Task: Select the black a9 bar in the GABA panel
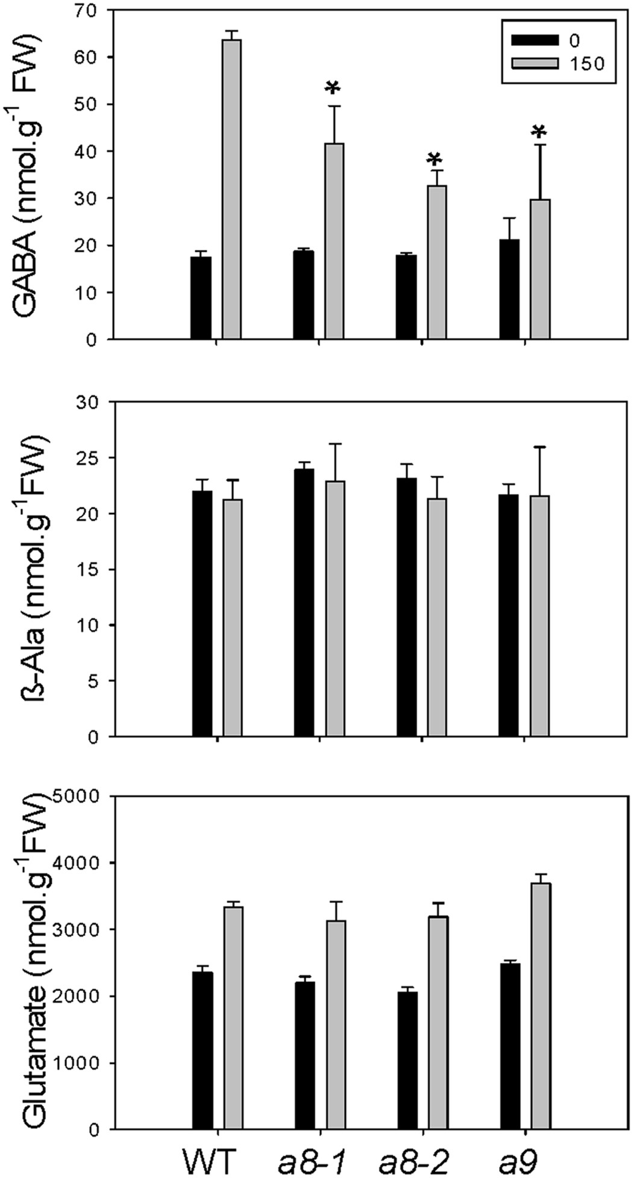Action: pos(509,289)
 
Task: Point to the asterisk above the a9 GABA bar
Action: pos(540,132)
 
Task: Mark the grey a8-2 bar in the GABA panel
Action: pos(436,262)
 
